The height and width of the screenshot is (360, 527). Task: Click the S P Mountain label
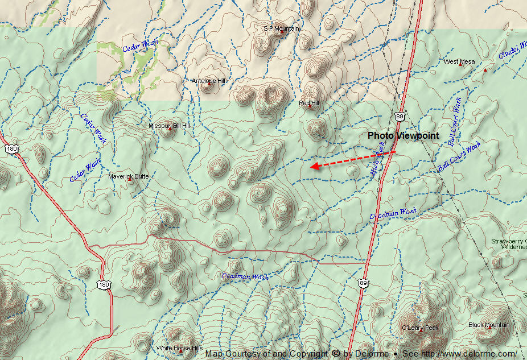pos(281,28)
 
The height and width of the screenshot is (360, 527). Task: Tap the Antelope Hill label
pos(208,81)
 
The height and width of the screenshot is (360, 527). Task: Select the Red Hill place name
pos(309,103)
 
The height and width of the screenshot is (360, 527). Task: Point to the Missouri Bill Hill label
pos(169,126)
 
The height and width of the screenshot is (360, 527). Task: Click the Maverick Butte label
pos(128,176)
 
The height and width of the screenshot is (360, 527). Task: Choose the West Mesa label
pos(459,61)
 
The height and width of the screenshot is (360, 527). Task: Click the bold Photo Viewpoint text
pos(403,135)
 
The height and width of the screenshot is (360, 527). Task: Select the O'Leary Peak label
pos(420,328)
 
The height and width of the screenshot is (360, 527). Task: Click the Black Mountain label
pos(489,325)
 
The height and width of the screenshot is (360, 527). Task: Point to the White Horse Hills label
pos(179,347)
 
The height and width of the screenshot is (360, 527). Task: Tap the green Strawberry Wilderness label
pos(509,244)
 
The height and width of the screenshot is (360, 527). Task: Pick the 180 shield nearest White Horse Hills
pos(103,284)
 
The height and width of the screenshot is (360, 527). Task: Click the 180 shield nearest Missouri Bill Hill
pos(11,148)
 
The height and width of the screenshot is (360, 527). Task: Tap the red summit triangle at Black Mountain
pos(489,328)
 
